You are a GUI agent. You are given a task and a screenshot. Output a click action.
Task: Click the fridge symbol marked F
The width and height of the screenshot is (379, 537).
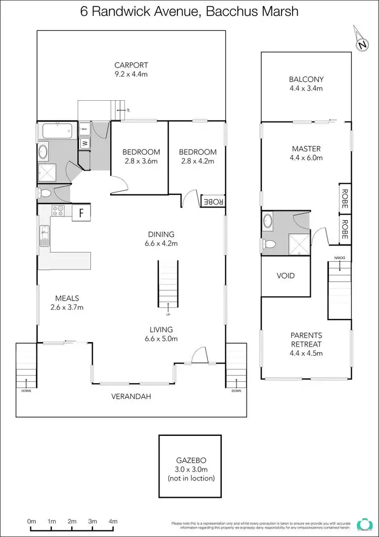click(81, 213)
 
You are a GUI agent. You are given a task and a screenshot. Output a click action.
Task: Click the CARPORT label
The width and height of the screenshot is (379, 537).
click(131, 65)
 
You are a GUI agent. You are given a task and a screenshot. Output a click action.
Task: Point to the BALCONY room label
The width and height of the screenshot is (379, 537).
click(306, 79)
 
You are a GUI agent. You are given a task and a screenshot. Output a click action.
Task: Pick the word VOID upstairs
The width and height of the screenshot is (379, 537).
click(286, 276)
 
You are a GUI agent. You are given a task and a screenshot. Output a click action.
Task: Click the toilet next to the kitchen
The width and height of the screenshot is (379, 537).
click(44, 193)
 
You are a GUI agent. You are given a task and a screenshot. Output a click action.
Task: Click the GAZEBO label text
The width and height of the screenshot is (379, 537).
click(189, 461)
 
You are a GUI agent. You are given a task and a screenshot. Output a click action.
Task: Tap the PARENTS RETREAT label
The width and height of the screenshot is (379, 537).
click(306, 340)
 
